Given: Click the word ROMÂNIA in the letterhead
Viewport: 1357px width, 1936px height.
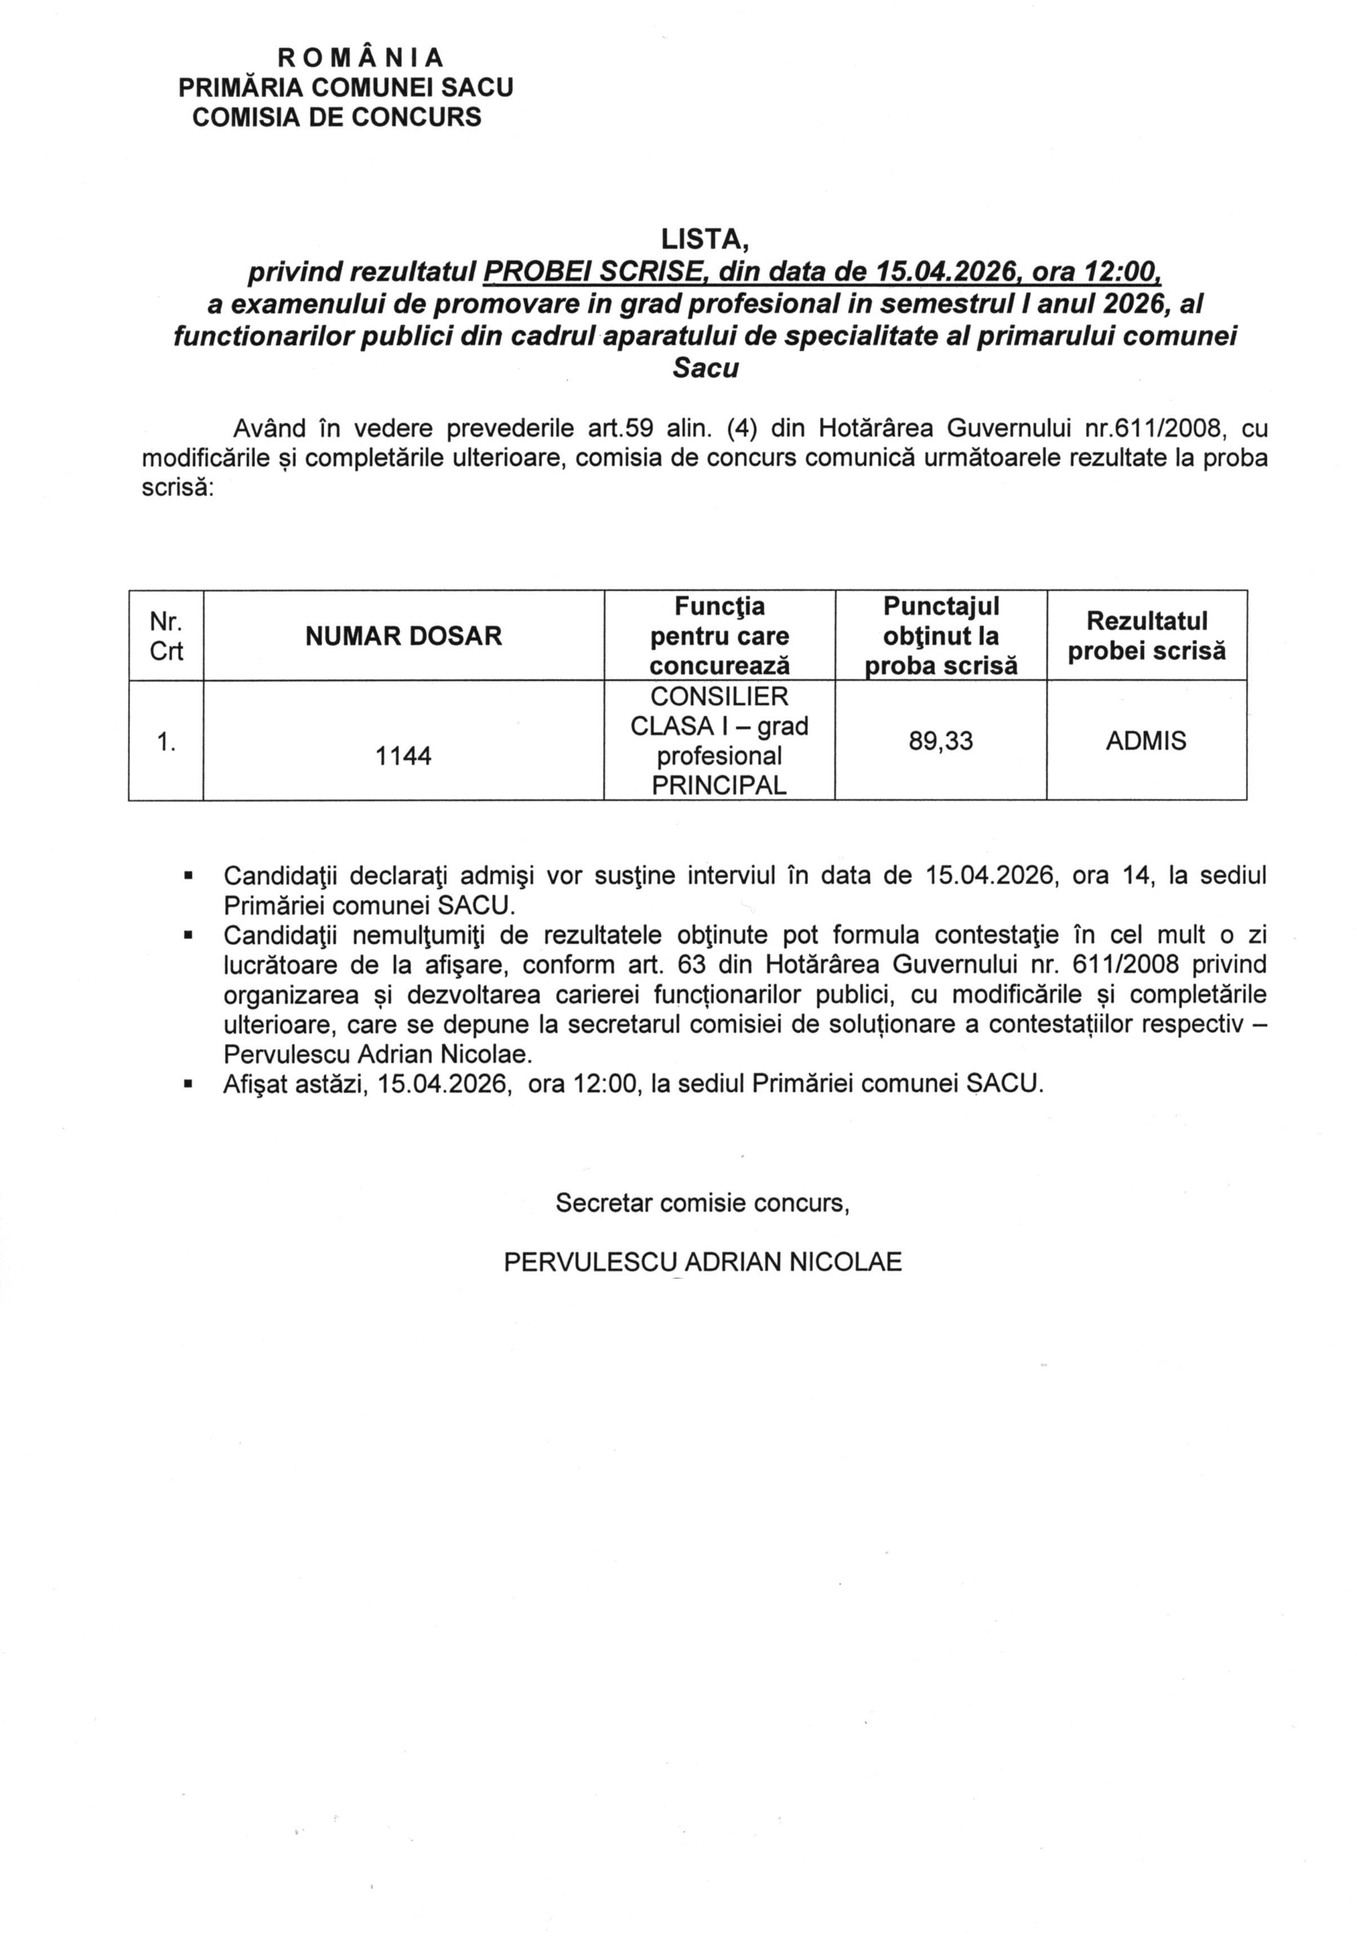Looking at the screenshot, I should [x=361, y=57].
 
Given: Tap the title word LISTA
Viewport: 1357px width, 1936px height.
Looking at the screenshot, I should [x=704, y=241].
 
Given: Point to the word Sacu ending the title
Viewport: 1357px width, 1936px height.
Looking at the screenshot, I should [x=704, y=368].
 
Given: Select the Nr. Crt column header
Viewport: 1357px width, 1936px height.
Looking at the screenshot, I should [x=166, y=637].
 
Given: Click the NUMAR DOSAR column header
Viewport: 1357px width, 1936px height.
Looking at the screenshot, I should [x=403, y=637].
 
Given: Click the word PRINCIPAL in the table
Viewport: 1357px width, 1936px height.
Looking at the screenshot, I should [x=719, y=786].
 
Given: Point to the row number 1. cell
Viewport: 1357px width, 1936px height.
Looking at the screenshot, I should [x=166, y=741].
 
